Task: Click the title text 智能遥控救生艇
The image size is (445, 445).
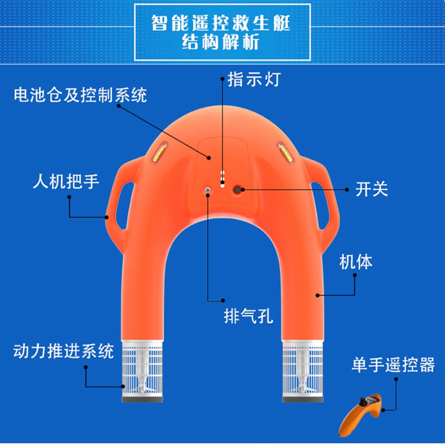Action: pos(223,23)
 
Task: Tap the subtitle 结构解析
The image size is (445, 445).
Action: pos(223,43)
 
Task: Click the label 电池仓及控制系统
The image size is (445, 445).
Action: pos(80,95)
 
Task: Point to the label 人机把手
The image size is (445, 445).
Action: pos(66,182)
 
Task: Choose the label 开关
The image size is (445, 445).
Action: pos(371,189)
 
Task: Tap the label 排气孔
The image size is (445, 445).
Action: pos(249,316)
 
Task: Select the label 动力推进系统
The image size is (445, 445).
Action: pos(63,351)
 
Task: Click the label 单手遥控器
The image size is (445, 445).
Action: pos(393,364)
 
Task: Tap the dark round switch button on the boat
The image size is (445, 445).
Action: pos(239,189)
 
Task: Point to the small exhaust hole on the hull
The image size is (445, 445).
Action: pos(207,190)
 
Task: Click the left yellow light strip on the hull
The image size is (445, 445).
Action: pos(159,154)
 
